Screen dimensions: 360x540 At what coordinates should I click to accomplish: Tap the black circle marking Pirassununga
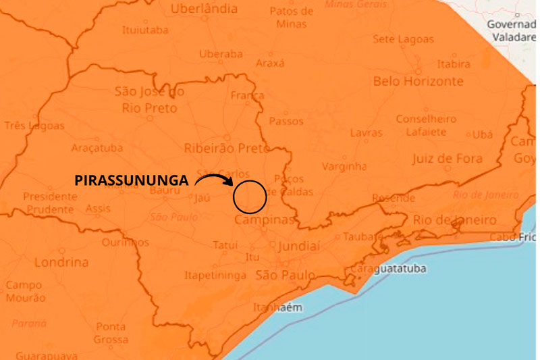click(250, 197)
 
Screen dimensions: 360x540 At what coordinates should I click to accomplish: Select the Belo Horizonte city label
click(418, 81)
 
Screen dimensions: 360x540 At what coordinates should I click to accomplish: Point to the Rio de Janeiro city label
click(454, 220)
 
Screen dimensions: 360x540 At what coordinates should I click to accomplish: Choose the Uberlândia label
click(204, 9)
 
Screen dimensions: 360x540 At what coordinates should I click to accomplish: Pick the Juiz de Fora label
click(448, 159)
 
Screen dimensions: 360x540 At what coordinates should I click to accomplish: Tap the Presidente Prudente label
click(50, 203)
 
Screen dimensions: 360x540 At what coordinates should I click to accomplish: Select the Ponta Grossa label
click(111, 333)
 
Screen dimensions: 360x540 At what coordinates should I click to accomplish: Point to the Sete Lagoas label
click(403, 39)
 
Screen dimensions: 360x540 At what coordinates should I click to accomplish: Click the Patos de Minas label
click(291, 17)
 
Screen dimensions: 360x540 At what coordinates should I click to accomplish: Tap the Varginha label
click(344, 166)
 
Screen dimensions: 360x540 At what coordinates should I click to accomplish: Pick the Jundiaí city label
click(298, 247)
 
